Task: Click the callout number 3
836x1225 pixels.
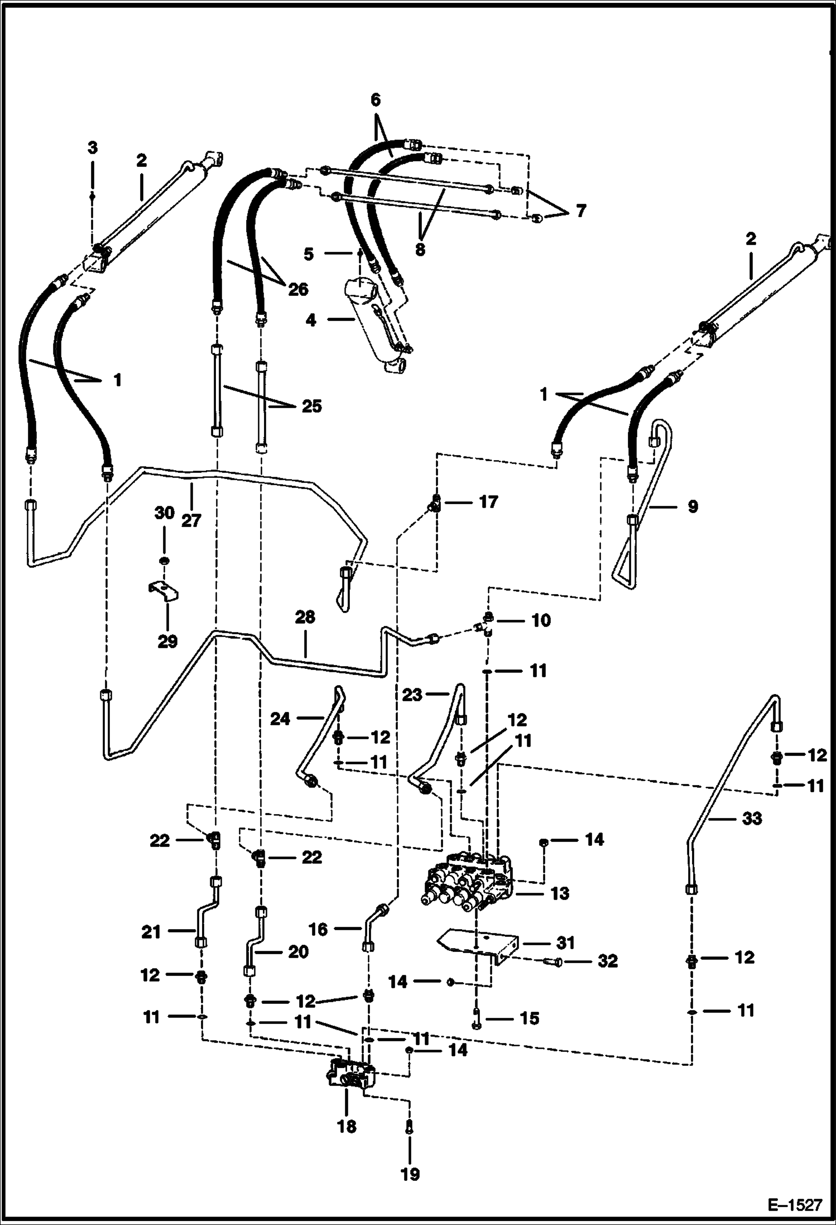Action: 93,148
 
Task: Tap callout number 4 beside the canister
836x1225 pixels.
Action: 311,320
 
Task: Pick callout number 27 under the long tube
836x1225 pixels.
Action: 191,520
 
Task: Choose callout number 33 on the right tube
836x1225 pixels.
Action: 752,819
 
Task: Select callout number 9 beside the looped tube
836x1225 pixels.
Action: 692,506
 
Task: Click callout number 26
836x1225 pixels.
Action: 297,289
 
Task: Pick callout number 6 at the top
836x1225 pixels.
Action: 375,101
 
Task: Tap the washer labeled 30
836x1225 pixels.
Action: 164,560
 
